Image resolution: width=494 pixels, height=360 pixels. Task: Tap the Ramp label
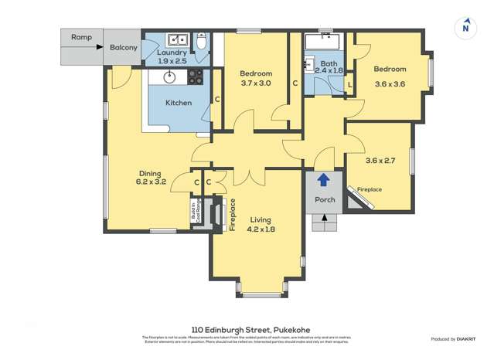[81, 36]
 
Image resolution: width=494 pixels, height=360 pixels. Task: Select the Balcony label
[123, 47]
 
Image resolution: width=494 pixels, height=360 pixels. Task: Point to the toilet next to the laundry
[201, 42]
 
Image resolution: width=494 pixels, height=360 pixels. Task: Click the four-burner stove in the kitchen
[194, 76]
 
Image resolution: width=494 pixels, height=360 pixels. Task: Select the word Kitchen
[179, 102]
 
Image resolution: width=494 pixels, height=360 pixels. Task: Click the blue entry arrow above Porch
[324, 180]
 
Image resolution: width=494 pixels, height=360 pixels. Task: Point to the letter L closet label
[350, 84]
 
